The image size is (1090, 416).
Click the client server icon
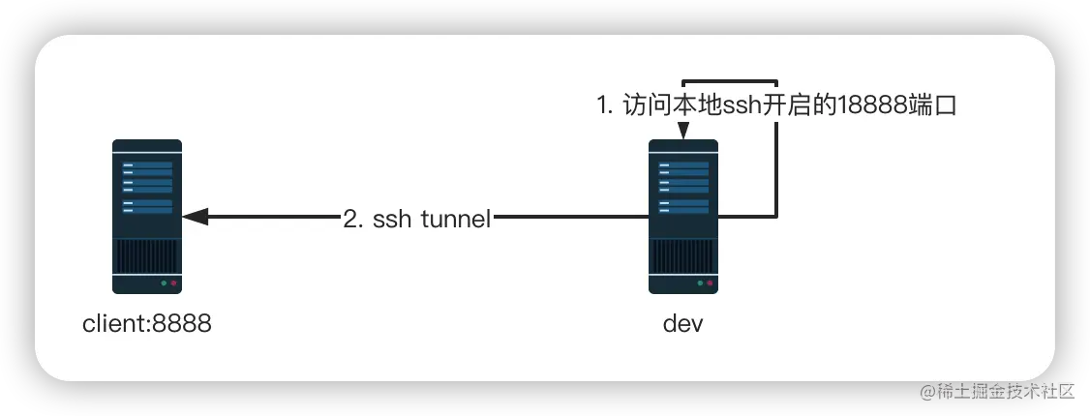pyautogui.click(x=147, y=216)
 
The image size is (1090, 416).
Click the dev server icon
pyautogui.click(x=683, y=216)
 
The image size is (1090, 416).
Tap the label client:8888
pyautogui.click(x=147, y=324)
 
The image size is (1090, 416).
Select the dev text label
pyautogui.click(x=683, y=324)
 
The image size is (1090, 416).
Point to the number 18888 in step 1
pyautogui.click(x=861, y=105)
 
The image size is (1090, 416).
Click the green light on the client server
pyautogui.click(x=164, y=284)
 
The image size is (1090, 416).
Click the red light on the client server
pyautogui.click(x=174, y=284)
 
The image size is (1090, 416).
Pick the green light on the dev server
pyautogui.click(x=700, y=284)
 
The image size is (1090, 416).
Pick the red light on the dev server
pyautogui.click(x=711, y=284)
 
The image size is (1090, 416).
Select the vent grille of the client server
pyautogui.click(x=147, y=256)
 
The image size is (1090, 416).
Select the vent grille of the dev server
pyautogui.click(x=683, y=256)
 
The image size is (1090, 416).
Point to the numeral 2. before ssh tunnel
pyautogui.click(x=354, y=219)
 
